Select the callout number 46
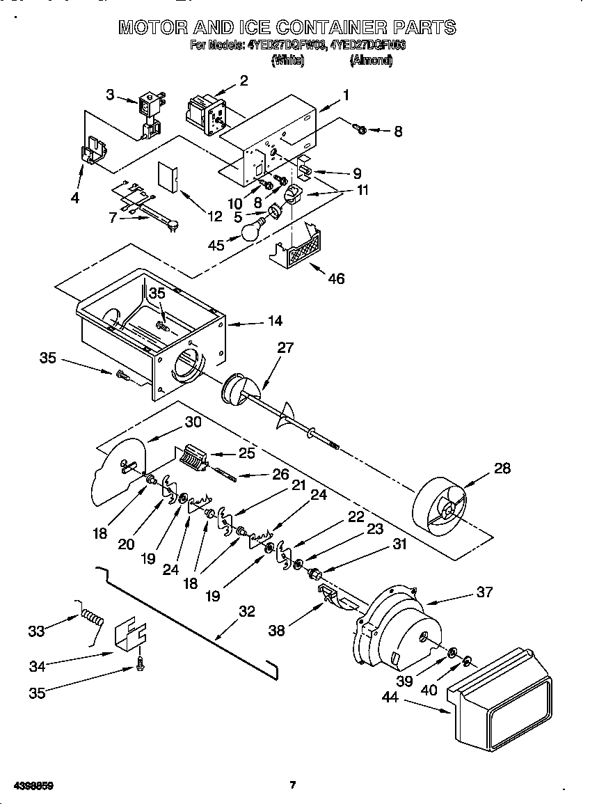[337, 278]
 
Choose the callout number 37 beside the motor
[484, 592]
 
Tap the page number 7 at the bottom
[293, 785]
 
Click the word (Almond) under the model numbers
[370, 61]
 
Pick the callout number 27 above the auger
[286, 348]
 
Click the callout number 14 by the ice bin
[275, 321]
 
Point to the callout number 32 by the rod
[246, 611]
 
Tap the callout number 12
[215, 216]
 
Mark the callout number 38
[278, 630]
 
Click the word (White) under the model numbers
[287, 61]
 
